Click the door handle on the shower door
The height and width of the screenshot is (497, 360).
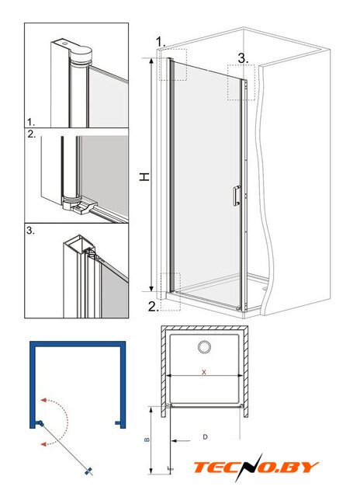(237, 196)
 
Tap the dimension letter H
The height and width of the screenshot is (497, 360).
(144, 177)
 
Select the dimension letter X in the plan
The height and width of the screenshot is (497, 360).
(204, 372)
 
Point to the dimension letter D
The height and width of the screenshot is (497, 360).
(205, 437)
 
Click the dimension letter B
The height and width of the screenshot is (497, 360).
(147, 440)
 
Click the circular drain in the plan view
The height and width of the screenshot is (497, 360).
(205, 347)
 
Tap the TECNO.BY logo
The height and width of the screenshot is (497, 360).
(256, 467)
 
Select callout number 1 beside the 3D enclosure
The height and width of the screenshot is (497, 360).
(161, 41)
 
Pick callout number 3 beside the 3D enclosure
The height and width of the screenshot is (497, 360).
(243, 58)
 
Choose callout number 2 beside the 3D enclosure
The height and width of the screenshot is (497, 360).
(154, 307)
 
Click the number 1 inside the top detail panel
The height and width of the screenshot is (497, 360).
(31, 122)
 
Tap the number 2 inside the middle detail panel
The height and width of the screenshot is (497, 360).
(32, 134)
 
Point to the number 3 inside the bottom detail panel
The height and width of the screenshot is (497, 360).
(30, 231)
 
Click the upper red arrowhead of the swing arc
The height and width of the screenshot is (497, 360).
(43, 400)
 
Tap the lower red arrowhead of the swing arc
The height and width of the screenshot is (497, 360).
(43, 444)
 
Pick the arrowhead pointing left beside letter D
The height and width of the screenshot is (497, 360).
(175, 440)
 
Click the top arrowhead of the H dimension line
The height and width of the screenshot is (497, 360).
(151, 61)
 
